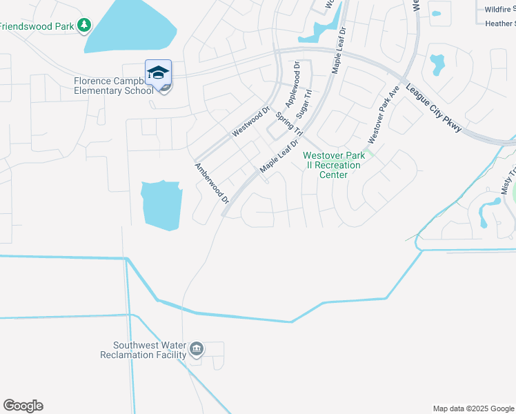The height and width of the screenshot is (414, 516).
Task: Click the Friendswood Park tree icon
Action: (84, 26)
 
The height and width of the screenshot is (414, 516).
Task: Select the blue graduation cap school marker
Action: (158, 73)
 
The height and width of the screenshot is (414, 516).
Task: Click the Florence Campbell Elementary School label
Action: (114, 86)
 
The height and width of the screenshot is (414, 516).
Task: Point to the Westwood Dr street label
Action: (250, 122)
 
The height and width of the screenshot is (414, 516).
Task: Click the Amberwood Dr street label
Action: (211, 184)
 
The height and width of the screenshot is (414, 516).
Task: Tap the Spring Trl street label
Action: (290, 123)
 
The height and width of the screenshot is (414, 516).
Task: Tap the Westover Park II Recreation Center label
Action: (332, 165)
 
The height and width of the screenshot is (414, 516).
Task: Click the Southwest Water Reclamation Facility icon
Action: (196, 349)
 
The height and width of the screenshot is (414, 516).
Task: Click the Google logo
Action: (23, 406)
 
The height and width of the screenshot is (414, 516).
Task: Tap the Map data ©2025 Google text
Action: (473, 408)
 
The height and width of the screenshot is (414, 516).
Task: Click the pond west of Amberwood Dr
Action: (161, 205)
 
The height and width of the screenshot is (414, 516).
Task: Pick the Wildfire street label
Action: (499, 10)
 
